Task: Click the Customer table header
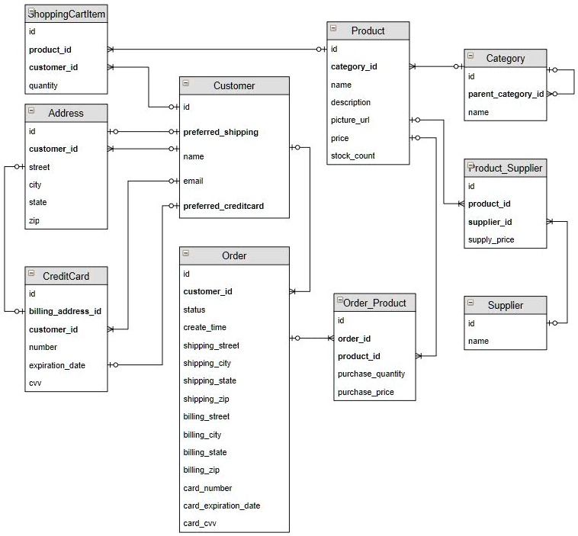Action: (234, 85)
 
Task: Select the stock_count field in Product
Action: (352, 156)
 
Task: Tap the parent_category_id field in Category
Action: (506, 95)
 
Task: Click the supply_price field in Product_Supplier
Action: (491, 240)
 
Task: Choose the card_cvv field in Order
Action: (200, 524)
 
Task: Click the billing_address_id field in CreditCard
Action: (65, 311)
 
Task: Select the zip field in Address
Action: (35, 220)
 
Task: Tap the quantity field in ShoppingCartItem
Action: (43, 86)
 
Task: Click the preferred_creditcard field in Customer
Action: (223, 206)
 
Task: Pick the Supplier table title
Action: (505, 305)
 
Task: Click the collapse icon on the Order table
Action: (186, 253)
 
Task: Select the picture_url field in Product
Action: (351, 120)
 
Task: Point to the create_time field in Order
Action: (204, 328)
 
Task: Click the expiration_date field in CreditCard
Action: (57, 365)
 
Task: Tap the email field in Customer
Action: (194, 181)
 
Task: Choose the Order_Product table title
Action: (374, 303)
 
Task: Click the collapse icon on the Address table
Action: (31, 111)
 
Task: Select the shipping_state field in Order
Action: (210, 381)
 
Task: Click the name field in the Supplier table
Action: (478, 341)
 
